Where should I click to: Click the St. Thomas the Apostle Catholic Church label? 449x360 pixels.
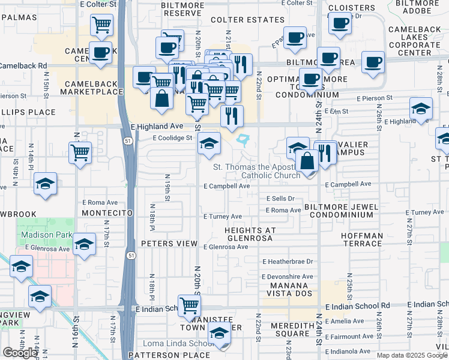point(257,171)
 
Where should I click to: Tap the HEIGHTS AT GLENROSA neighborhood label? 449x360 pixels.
point(250,234)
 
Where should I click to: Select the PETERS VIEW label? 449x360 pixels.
point(169,244)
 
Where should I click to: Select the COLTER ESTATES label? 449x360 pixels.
point(247,20)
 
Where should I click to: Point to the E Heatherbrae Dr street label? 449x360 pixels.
point(288,262)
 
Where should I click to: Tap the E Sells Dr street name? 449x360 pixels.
point(280,199)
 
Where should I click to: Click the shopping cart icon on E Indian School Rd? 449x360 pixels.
point(190,305)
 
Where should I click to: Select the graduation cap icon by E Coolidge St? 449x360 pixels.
point(209,143)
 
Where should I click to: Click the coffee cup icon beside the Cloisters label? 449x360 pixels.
point(340,24)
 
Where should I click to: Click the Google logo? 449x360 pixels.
point(20,353)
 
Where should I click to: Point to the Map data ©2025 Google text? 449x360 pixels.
point(412,355)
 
